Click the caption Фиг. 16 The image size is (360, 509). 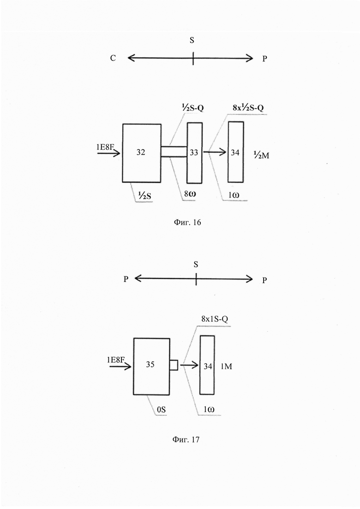pos(188,222)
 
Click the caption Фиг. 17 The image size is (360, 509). pos(186,439)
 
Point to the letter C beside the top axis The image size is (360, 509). pos(113,58)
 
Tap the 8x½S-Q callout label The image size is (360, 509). pos(248,108)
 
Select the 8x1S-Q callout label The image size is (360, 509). pos(215,319)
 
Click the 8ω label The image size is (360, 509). pos(190,194)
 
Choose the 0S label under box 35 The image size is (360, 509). pos(162,410)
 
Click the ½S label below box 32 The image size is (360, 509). pos(144,195)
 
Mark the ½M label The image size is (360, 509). pos(261,156)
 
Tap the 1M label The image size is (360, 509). pos(226,366)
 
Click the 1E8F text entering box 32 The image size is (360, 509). pos(106,147)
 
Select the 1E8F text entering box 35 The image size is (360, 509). pos(116,359)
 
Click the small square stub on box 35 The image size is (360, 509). pos(174,365)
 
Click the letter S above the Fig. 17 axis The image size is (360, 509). pos(196,264)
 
